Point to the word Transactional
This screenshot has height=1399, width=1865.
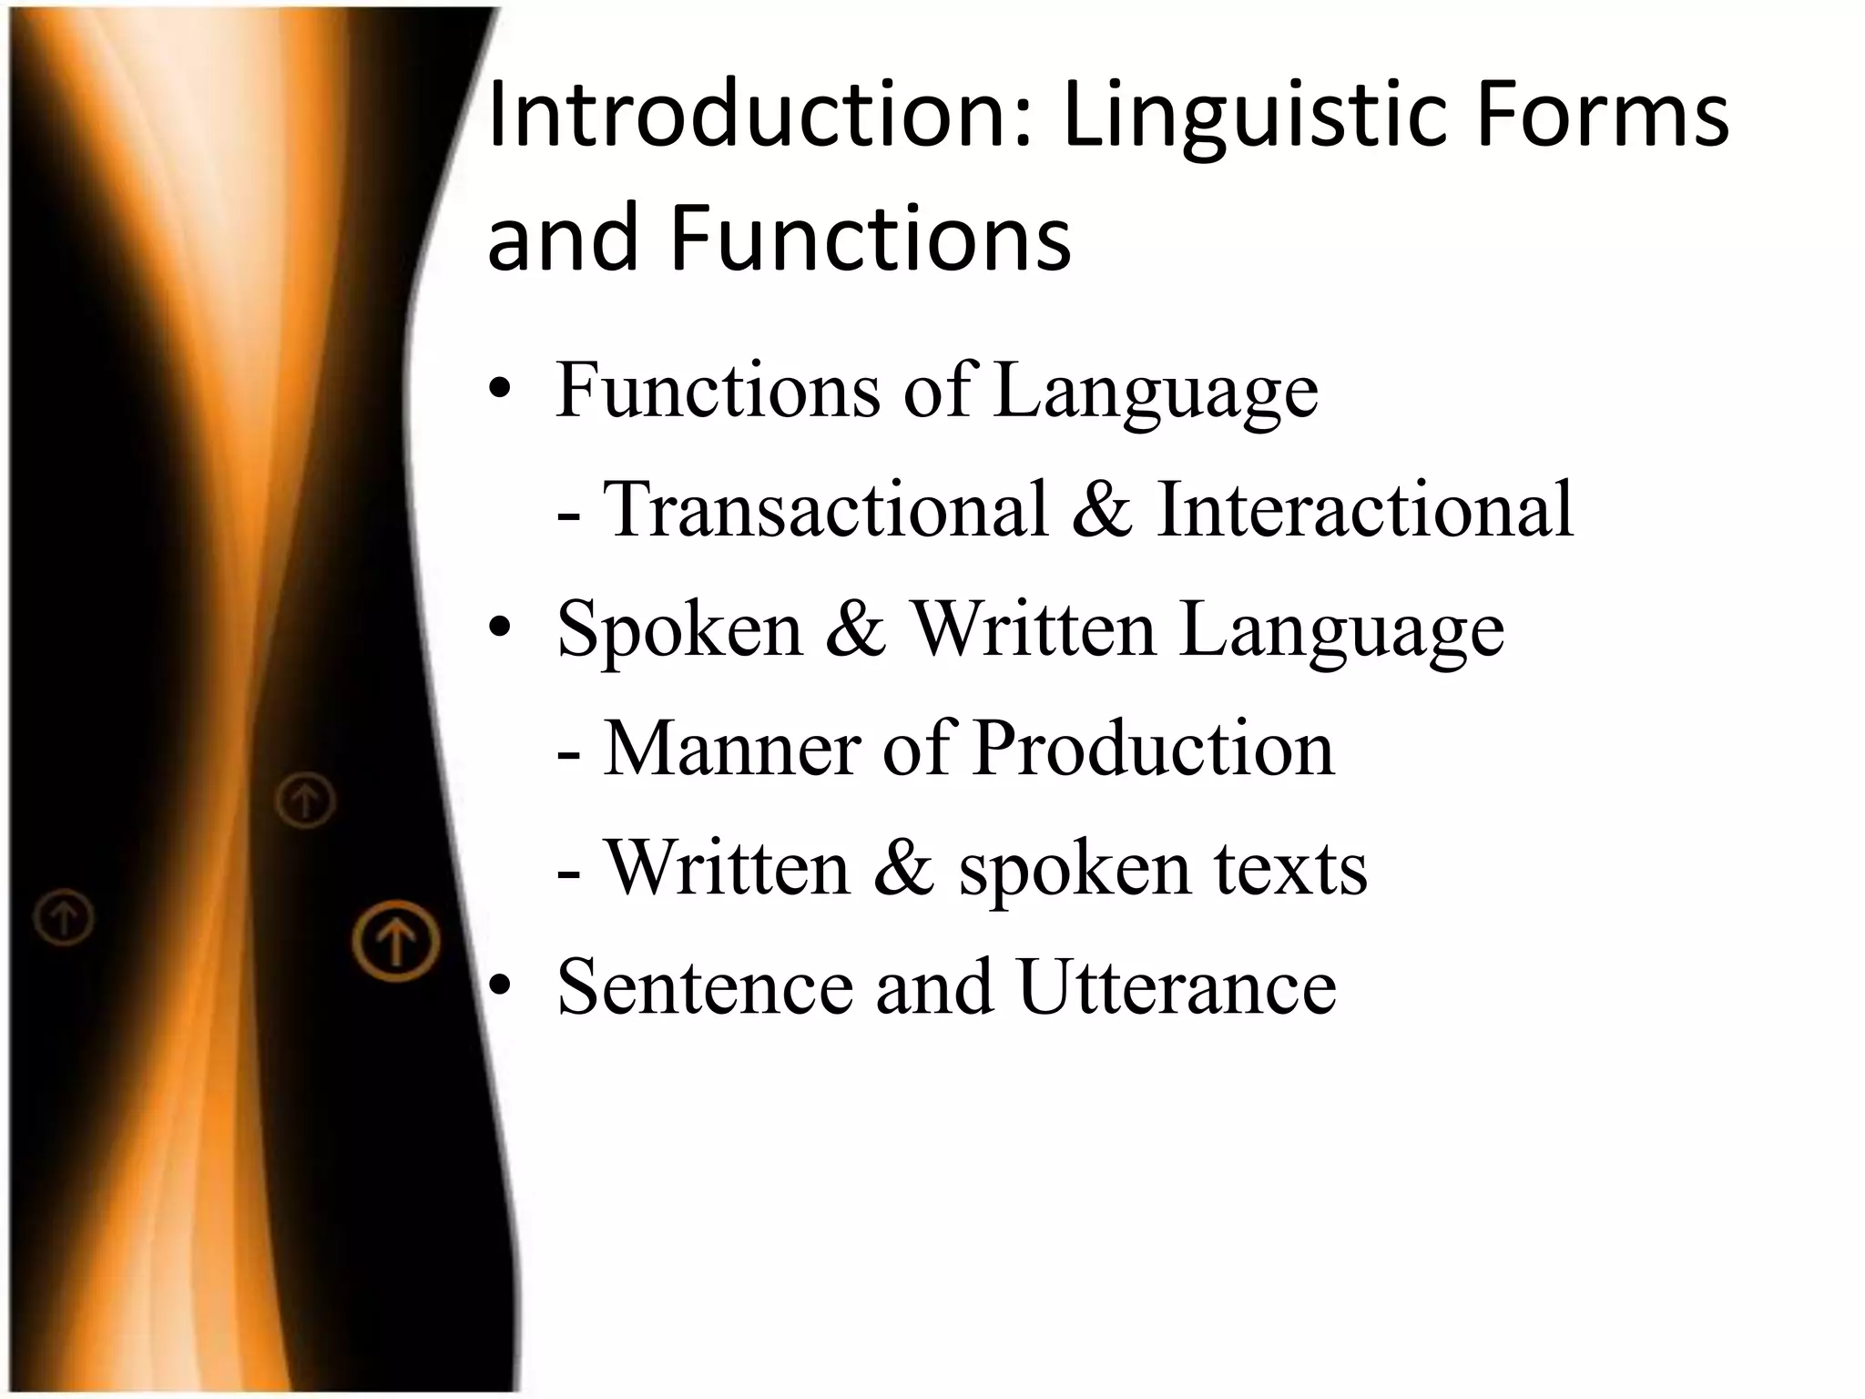(825, 509)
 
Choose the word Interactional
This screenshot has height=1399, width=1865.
(1364, 509)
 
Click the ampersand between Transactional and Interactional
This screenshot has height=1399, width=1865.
(1102, 509)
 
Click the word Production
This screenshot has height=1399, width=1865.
(1152, 748)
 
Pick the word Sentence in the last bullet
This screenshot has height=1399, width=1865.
(705, 986)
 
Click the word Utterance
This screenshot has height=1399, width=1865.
(1177, 986)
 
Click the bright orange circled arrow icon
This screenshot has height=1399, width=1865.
(396, 941)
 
